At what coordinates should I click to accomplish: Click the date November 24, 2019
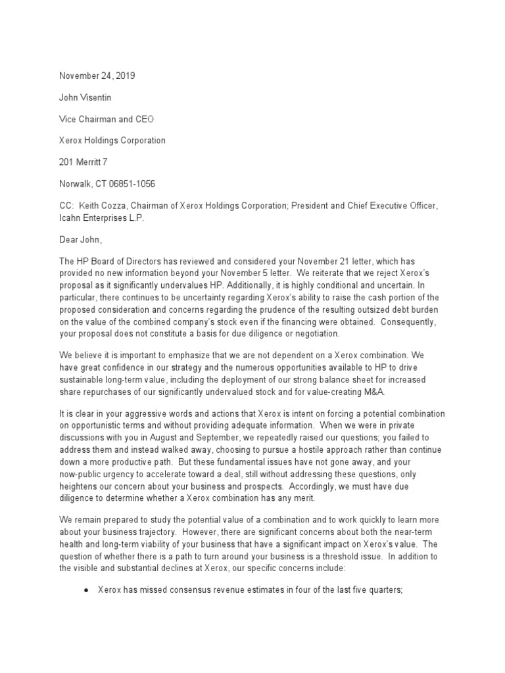tap(97, 76)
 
